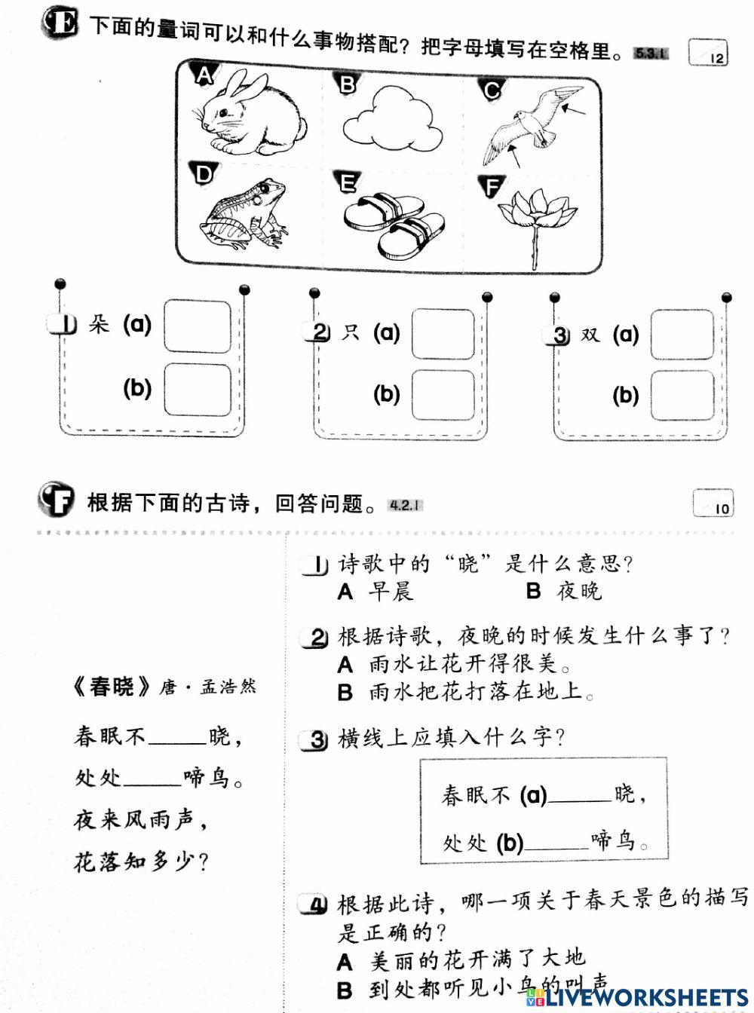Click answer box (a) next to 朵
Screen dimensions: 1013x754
coord(198,326)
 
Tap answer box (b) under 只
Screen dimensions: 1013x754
coord(443,395)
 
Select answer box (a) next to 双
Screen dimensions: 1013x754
coord(682,334)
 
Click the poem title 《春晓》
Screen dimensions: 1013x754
coord(112,687)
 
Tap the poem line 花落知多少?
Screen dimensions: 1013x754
coord(141,862)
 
